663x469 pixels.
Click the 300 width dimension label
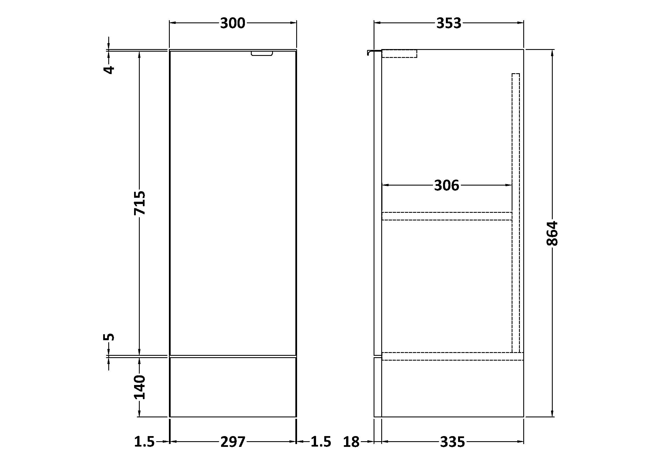(x=232, y=23)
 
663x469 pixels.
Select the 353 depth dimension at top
(x=449, y=23)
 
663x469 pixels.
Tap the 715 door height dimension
(x=140, y=203)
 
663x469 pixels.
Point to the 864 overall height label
(x=552, y=234)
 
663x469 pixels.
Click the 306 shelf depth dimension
(x=446, y=185)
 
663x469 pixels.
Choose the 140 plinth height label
(x=140, y=387)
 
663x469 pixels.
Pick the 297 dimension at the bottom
(x=233, y=442)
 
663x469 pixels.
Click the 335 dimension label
(x=452, y=442)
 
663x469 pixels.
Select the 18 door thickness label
(x=351, y=442)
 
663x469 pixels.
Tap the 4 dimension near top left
(x=109, y=70)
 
